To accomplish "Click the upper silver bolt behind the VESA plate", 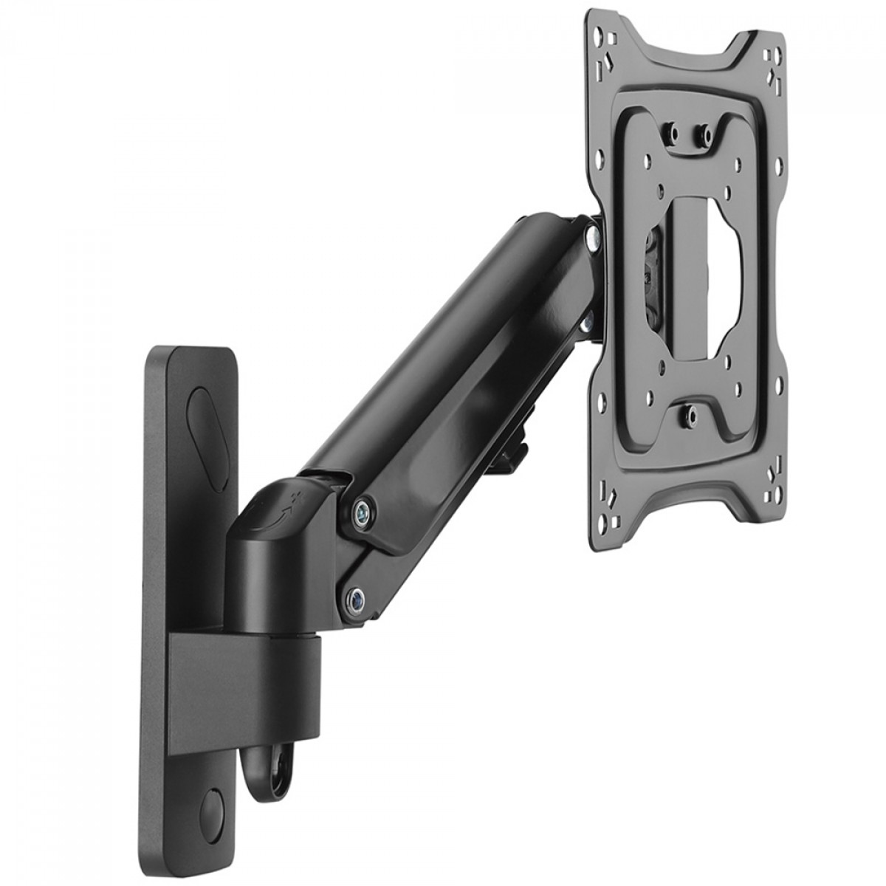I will [591, 237].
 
